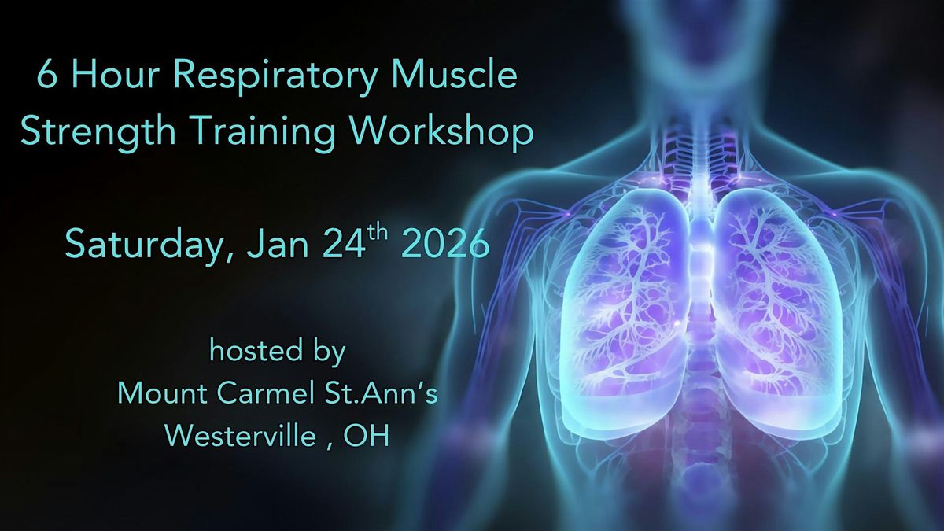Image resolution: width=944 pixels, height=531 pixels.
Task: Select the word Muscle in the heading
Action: click(x=459, y=79)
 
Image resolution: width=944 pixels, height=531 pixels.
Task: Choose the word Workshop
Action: click(x=444, y=133)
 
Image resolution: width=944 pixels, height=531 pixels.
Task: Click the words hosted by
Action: click(x=277, y=352)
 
